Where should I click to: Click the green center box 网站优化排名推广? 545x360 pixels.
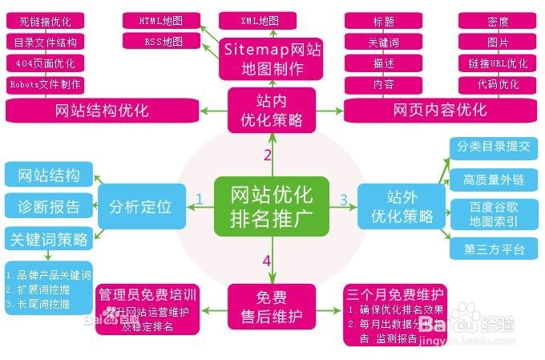[272, 205]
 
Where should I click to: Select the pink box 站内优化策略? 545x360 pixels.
[272, 110]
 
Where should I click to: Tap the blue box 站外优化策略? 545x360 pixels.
[402, 205]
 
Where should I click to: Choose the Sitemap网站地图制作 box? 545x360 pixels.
[272, 59]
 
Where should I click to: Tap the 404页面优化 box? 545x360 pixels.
[45, 63]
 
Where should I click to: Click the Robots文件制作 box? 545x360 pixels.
[45, 84]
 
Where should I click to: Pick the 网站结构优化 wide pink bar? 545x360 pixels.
[102, 110]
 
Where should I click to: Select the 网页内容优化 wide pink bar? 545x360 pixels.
[439, 110]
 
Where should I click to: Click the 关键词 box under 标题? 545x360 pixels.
[382, 42]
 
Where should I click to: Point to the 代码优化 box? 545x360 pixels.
[497, 83]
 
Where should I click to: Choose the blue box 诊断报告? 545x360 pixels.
[49, 206]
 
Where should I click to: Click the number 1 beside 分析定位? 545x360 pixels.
[199, 197]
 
